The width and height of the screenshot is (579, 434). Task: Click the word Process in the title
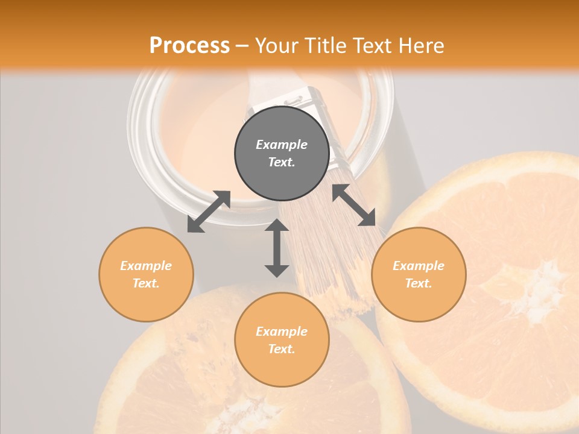pyautogui.click(x=189, y=46)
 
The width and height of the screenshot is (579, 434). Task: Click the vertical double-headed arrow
pyautogui.click(x=277, y=248)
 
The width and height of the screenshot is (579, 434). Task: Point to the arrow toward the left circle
pyautogui.click(x=209, y=212)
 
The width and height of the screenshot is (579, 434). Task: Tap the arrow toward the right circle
pyautogui.click(x=354, y=205)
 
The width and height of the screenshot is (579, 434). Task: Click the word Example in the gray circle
pyautogui.click(x=282, y=145)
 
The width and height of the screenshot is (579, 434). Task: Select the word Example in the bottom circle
pyautogui.click(x=282, y=332)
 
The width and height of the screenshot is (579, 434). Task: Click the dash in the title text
pyautogui.click(x=242, y=46)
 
